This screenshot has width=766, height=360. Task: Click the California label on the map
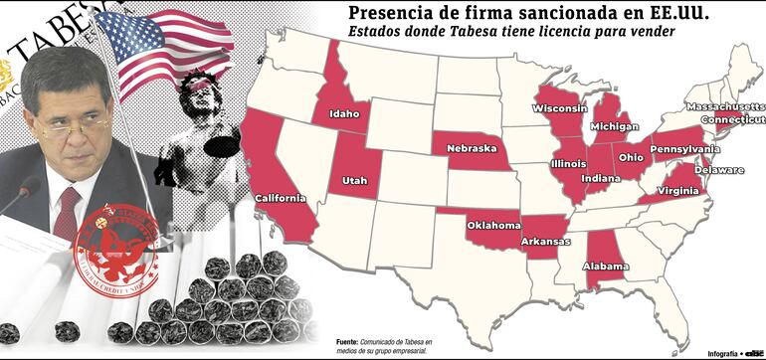pyautogui.click(x=281, y=198)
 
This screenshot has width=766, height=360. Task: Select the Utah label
pyautogui.click(x=355, y=180)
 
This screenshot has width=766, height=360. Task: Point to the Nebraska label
pyautogui.click(x=471, y=148)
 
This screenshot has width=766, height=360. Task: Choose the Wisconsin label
pyautogui.click(x=560, y=108)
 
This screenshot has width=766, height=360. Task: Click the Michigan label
pyautogui.click(x=614, y=127)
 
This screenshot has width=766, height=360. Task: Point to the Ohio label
pyautogui.click(x=631, y=156)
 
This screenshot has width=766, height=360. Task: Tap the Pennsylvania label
pyautogui.click(x=685, y=149)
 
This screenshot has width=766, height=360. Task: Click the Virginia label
pyautogui.click(x=676, y=190)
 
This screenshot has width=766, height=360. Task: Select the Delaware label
pyautogui.click(x=718, y=170)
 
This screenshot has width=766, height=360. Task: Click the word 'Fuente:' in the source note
pyautogui.click(x=348, y=339)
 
